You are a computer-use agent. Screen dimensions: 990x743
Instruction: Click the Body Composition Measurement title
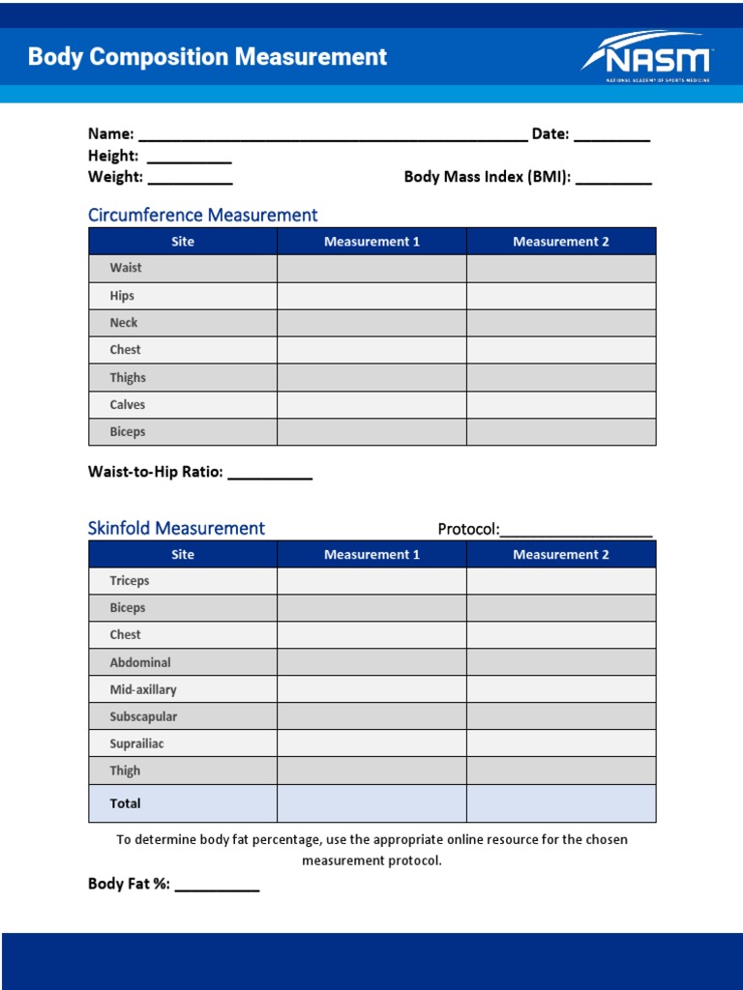click(x=207, y=57)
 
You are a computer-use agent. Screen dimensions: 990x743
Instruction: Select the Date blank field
click(x=611, y=135)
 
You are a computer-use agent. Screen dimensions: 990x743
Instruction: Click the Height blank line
click(x=189, y=157)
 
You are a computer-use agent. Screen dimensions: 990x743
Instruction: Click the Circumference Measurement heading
click(x=202, y=215)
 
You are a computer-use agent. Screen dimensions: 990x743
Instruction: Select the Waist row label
click(x=126, y=268)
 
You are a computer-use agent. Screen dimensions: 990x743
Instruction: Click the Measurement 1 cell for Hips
click(x=371, y=296)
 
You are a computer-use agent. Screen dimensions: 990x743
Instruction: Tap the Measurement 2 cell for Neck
click(x=561, y=323)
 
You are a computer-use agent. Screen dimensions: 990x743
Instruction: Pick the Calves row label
click(x=128, y=405)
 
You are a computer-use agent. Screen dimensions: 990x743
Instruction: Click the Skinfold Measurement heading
click(x=176, y=528)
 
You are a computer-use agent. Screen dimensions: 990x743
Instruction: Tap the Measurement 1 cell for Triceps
click(x=371, y=581)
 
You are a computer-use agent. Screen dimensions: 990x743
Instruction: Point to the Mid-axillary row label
click(x=143, y=689)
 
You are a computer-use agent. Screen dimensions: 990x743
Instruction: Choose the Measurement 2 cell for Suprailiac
click(x=561, y=743)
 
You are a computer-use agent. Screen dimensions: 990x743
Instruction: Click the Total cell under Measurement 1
click(x=371, y=803)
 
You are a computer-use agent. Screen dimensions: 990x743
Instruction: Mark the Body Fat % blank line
click(x=217, y=885)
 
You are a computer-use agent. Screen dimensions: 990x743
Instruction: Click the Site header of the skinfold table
click(x=183, y=554)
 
